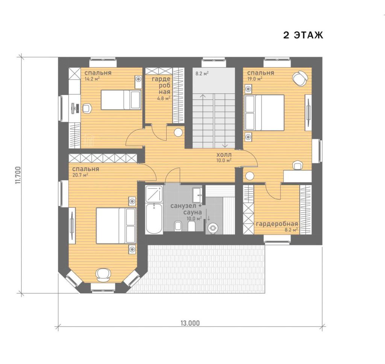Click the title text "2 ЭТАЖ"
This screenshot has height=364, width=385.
pyautogui.click(x=303, y=35)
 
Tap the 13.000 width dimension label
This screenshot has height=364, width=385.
pyautogui.click(x=190, y=323)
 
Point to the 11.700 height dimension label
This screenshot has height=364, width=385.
pyautogui.click(x=18, y=175)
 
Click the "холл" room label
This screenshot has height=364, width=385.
pyautogui.click(x=224, y=155)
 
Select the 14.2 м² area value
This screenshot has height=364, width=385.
pyautogui.click(x=92, y=79)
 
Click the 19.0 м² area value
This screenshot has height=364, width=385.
pyautogui.click(x=255, y=79)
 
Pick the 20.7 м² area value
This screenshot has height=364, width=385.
pyautogui.click(x=80, y=175)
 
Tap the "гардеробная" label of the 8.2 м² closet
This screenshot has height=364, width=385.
pyautogui.click(x=277, y=224)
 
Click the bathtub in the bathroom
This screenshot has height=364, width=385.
pyautogui.click(x=154, y=218)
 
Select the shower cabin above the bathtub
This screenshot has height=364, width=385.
pyautogui.click(x=154, y=194)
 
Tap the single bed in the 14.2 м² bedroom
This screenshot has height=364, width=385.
pyautogui.click(x=121, y=99)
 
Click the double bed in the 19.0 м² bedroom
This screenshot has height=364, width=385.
pyautogui.click(x=264, y=113)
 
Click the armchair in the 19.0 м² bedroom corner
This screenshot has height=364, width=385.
pyautogui.click(x=300, y=78)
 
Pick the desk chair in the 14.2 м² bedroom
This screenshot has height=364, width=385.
pyautogui.click(x=87, y=108)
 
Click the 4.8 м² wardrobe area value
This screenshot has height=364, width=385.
pyautogui.click(x=164, y=99)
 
